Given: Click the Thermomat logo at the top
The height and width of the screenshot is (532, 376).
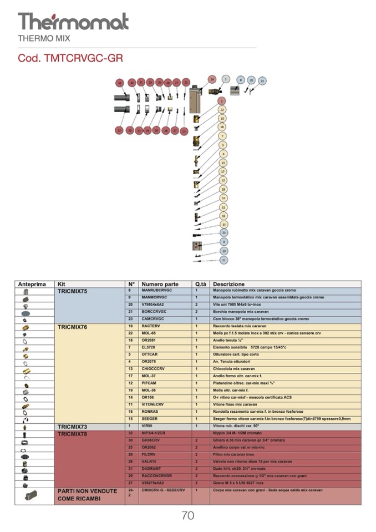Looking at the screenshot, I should (73, 22).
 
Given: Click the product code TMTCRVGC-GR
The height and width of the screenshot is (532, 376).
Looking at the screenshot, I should (70, 58).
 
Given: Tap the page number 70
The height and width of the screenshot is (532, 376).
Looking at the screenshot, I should (188, 515).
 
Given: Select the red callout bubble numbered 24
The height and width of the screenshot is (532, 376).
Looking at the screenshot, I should (212, 80).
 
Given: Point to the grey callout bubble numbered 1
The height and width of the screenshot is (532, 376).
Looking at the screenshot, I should (225, 79).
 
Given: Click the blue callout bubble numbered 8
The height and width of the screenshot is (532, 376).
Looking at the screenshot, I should (241, 80).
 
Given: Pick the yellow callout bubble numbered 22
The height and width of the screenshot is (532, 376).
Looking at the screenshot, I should (222, 110).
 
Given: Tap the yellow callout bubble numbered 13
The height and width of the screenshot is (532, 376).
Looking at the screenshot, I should (223, 163).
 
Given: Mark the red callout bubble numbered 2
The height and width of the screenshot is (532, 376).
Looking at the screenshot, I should (222, 101).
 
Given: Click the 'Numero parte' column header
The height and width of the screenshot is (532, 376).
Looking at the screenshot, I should (160, 284).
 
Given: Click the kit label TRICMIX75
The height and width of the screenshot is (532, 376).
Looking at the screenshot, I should (73, 291).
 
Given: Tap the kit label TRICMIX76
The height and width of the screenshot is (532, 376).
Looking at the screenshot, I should (73, 327).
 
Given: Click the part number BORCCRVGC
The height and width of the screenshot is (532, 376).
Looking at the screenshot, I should (154, 312).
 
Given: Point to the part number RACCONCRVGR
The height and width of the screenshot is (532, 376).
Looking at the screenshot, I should (156, 476).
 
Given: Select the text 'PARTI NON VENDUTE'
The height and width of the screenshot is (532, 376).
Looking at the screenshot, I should (87, 491).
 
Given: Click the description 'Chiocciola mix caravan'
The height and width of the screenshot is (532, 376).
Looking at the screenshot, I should (234, 369).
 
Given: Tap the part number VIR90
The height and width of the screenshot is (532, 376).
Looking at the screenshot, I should (147, 426).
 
